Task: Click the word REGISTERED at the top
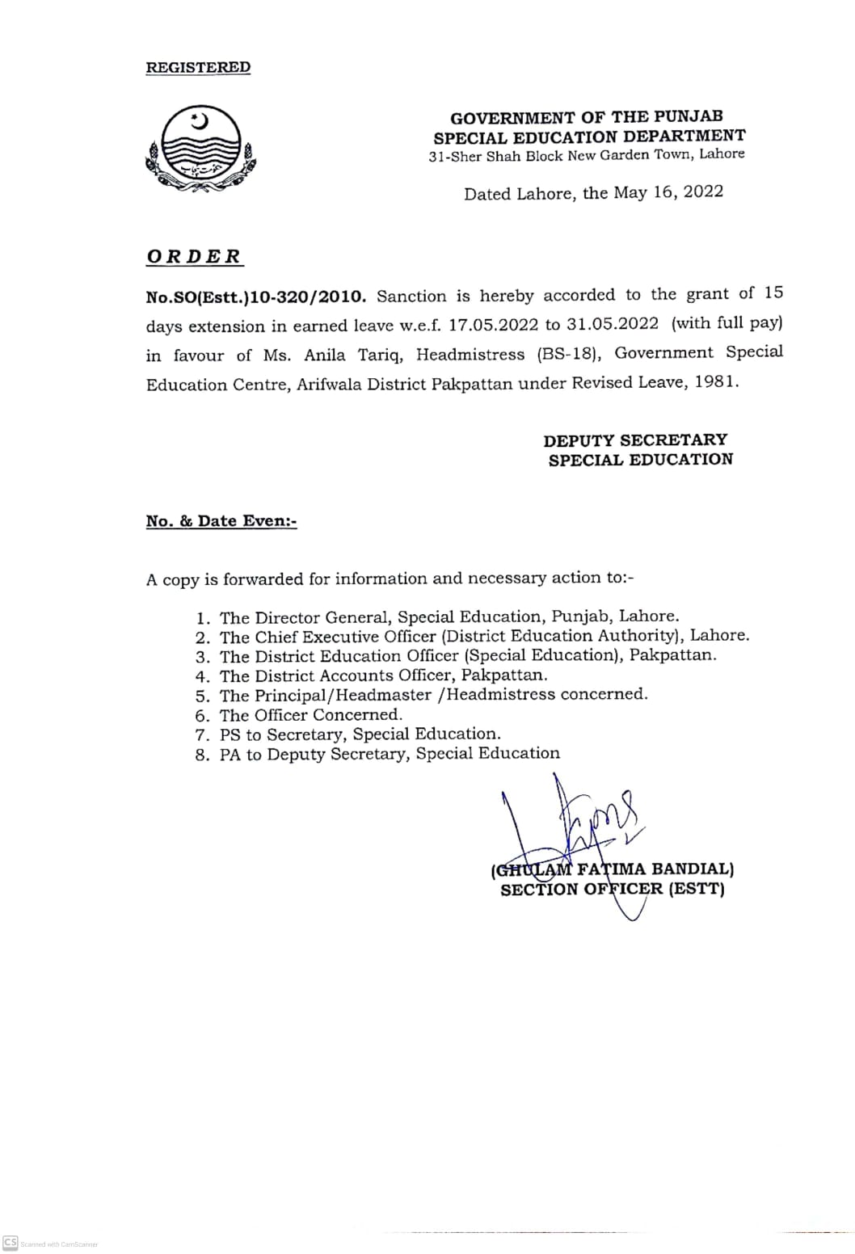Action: tap(198, 67)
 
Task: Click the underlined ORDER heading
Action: tap(194, 257)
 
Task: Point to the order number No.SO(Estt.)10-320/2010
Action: tap(256, 297)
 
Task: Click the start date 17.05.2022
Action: tap(494, 326)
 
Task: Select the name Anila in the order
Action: tap(325, 355)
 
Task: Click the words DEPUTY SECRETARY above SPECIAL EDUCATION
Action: tap(635, 440)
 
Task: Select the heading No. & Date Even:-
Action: tap(221, 521)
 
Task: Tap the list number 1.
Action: tap(203, 618)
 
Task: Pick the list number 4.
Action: tap(203, 676)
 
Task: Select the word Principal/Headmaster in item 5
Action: tap(343, 695)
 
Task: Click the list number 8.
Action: tap(203, 755)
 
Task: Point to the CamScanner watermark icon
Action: tap(11, 1243)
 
